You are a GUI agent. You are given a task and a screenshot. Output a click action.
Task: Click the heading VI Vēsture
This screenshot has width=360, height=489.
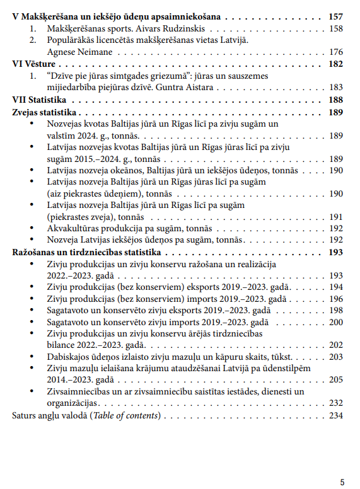(x=34, y=64)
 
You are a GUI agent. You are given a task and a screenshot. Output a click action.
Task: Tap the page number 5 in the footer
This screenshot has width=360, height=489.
(x=342, y=481)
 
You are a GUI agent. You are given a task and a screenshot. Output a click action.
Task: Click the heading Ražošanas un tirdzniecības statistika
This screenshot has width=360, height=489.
(x=84, y=252)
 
